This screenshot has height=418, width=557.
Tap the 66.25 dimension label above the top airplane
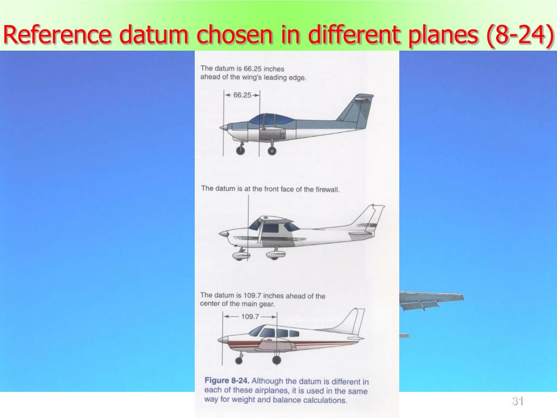(243, 95)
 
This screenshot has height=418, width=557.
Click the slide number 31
(517, 402)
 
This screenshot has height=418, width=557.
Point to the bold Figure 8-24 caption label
(227, 381)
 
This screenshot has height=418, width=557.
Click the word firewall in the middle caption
(327, 189)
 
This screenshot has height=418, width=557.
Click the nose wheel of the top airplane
(240, 150)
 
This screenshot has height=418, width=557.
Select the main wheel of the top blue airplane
(272, 150)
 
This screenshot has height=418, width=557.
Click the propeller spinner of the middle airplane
(222, 234)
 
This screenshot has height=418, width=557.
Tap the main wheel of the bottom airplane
(276, 360)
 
